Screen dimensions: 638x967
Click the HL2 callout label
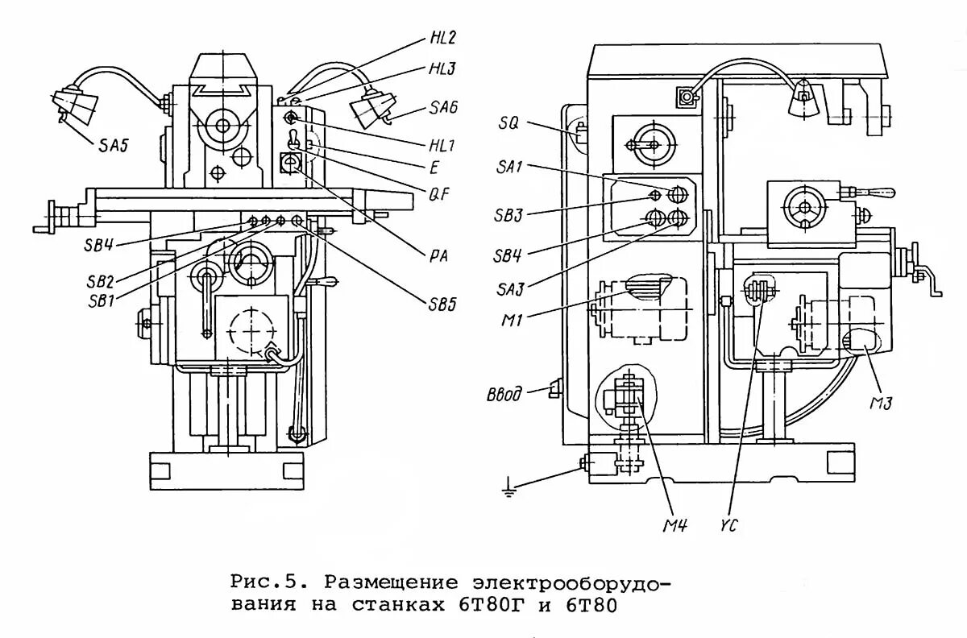point(442,38)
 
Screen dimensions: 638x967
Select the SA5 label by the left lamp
point(114,146)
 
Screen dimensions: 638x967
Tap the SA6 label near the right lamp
point(442,110)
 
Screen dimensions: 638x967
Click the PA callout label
point(437,256)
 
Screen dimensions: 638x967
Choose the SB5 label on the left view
point(442,304)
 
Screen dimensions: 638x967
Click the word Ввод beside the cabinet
point(505,395)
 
